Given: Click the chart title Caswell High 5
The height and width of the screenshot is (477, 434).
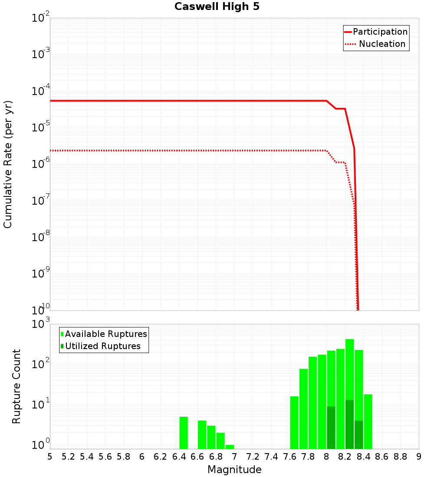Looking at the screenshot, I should point(217,7).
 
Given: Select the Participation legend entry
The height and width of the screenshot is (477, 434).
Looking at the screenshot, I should point(380,32).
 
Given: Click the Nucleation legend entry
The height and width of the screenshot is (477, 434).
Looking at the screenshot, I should point(382,44).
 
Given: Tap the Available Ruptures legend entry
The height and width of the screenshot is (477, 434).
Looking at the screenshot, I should point(106,334).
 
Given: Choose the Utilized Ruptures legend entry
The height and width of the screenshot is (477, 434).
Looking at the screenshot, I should point(102,346).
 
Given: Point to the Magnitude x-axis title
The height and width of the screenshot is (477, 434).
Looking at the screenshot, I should point(234,470).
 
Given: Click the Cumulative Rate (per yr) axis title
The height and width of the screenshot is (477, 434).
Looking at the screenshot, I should point(8,164).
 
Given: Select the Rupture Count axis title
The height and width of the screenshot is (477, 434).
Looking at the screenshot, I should point(16,386).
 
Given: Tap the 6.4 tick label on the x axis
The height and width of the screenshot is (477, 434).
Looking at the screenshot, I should point(179,457).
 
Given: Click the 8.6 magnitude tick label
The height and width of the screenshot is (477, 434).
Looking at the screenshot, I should point(382,457).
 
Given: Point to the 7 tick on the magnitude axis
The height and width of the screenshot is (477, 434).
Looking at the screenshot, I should point(234,457).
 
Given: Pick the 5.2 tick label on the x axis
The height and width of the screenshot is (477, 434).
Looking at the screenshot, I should point(68,457).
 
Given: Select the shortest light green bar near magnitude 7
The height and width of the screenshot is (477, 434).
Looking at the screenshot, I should point(230,447).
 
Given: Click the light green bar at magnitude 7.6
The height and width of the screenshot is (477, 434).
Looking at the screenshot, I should point(294,422).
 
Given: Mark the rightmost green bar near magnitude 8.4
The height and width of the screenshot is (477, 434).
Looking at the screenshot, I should point(368,421).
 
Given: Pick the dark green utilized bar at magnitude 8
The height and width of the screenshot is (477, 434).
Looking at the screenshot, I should point(331,428).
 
